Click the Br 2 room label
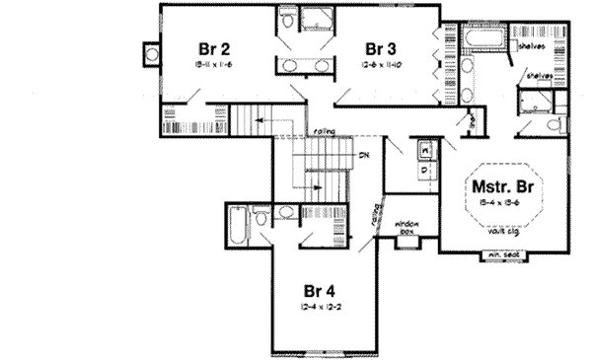(x=214, y=47)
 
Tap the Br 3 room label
(x=381, y=48)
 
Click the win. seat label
(x=502, y=257)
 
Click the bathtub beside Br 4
(x=236, y=228)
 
